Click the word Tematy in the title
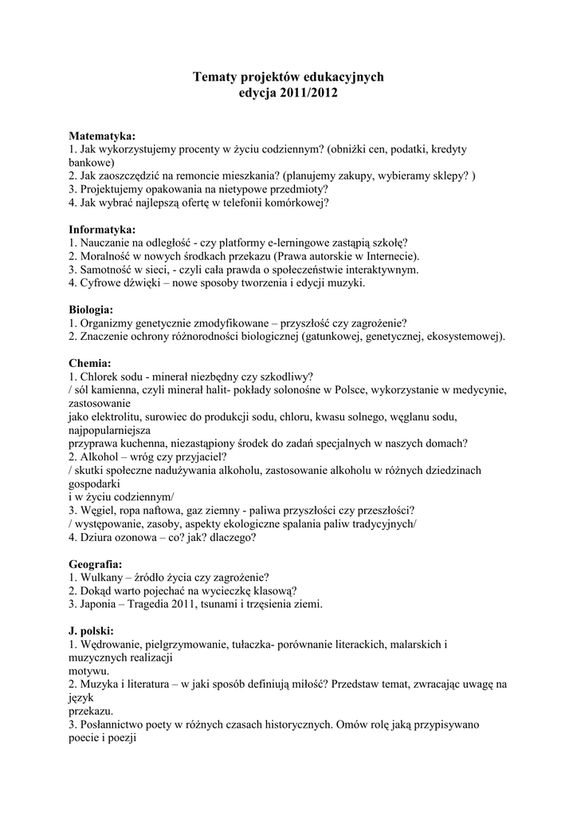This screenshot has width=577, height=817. [x=214, y=77]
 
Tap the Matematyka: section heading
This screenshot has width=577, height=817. [x=102, y=136]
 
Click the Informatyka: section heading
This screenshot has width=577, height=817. [x=102, y=230]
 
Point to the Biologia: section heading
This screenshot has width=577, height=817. [x=91, y=310]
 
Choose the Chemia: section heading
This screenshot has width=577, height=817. [x=90, y=363]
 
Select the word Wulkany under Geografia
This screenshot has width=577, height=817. [x=100, y=578]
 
